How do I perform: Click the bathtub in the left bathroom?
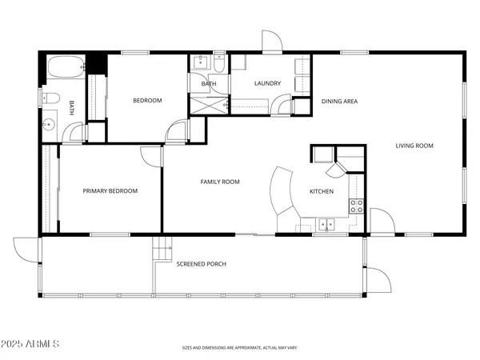[x=65, y=67]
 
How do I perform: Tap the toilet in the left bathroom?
[x=49, y=98]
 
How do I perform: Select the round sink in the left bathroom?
[x=49, y=124]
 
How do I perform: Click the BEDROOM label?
[x=147, y=101]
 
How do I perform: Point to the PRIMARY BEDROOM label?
[x=110, y=191]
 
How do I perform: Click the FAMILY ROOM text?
[x=219, y=182]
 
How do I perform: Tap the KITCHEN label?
[x=322, y=192]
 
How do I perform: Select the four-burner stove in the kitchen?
[x=357, y=207]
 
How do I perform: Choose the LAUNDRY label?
[x=266, y=84]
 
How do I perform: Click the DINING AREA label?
[x=339, y=102]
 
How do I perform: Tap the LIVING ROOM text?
[x=414, y=146]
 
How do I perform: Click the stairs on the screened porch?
[x=162, y=249]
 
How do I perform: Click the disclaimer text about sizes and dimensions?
[x=239, y=348]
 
